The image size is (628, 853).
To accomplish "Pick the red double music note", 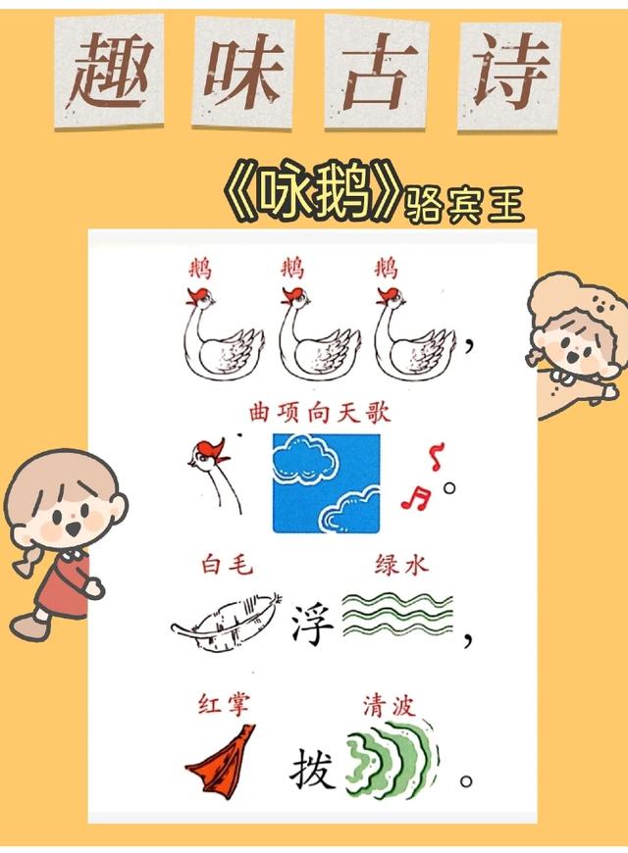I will [x=415, y=498].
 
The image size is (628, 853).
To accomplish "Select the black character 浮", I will [x=313, y=624].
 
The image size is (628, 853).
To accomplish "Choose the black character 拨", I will [x=312, y=771].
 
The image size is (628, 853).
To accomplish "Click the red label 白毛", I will [x=226, y=566].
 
